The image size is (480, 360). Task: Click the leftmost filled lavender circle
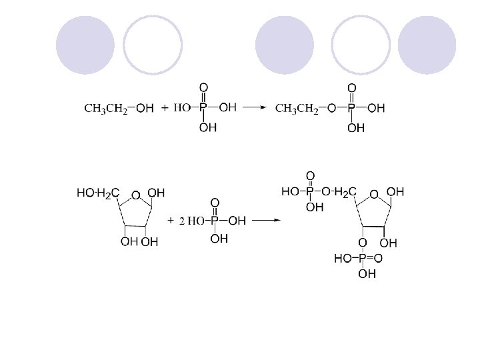pyautogui.click(x=85, y=45)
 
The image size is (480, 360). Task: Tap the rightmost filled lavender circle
pyautogui.click(x=427, y=45)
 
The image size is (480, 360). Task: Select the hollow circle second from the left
pyautogui.click(x=153, y=45)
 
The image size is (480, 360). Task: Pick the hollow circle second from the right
pyautogui.click(x=361, y=45)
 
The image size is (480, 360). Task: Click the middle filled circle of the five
pyautogui.click(x=285, y=45)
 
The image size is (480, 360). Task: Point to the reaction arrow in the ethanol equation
pyautogui.click(x=254, y=107)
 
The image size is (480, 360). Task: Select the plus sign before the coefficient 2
pyautogui.click(x=171, y=220)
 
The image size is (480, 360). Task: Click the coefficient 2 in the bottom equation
pyautogui.click(x=181, y=221)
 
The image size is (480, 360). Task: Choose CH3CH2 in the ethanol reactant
pyautogui.click(x=106, y=108)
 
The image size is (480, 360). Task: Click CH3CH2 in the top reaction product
pyautogui.click(x=297, y=108)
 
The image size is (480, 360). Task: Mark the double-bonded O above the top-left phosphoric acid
pyautogui.click(x=203, y=87)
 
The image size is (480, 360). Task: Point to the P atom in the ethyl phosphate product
pyautogui.click(x=351, y=108)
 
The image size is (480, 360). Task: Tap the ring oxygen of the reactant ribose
pyautogui.click(x=135, y=195)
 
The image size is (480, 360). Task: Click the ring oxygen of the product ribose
pyautogui.click(x=375, y=194)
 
